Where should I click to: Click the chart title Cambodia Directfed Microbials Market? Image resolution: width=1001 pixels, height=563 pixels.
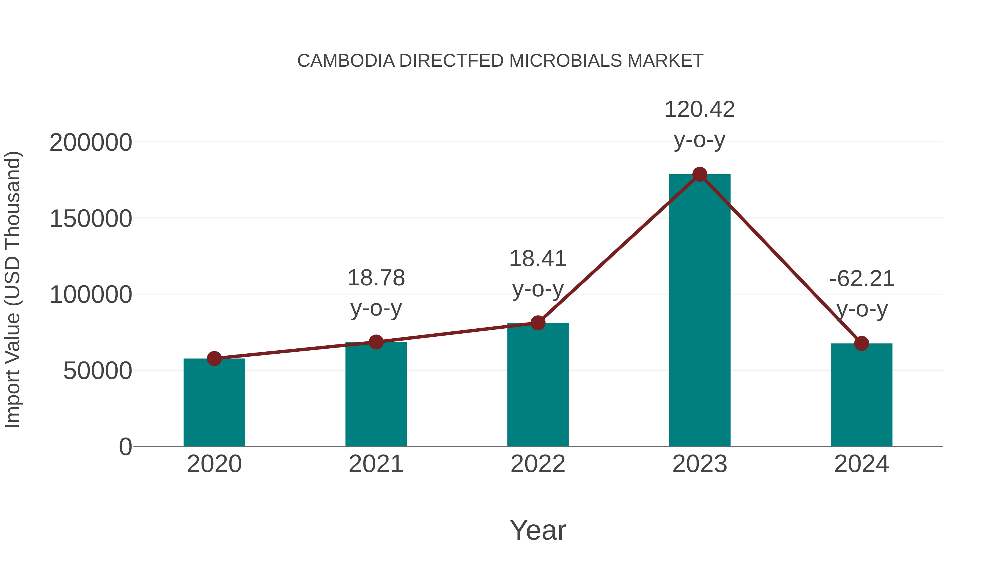tap(500, 61)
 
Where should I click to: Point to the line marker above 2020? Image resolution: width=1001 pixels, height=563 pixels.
tap(214, 358)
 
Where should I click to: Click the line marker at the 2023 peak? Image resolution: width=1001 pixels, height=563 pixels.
tap(700, 174)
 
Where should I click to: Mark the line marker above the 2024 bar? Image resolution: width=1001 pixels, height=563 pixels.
tap(861, 343)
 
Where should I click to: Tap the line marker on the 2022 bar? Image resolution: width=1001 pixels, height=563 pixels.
tap(538, 323)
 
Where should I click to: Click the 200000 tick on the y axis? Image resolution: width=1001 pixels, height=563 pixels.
tap(91, 143)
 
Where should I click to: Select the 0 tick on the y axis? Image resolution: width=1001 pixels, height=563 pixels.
tap(125, 447)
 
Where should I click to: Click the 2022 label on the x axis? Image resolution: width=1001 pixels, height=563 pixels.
tap(538, 464)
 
